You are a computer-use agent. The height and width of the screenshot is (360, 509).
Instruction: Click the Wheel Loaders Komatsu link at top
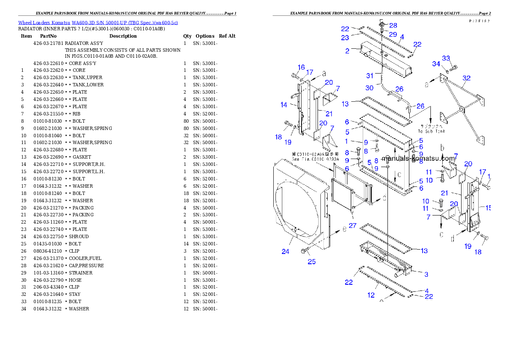98,23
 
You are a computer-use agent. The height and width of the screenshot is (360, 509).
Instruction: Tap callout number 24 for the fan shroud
285,251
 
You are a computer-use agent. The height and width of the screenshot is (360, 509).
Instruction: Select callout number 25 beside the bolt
312,261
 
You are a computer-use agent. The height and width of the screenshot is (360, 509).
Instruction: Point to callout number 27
352,225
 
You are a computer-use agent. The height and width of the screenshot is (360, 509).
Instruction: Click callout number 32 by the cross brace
467,78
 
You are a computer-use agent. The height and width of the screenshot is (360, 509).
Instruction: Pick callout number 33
446,58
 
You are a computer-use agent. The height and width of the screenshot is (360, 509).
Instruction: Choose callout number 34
436,64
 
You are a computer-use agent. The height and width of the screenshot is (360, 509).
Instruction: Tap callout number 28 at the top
393,26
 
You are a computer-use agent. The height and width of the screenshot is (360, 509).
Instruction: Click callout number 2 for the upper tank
348,51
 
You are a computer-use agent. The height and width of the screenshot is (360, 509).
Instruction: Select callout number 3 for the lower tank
426,274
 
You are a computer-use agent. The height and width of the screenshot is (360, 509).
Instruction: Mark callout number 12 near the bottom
371,295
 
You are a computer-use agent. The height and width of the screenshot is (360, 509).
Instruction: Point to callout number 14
284,105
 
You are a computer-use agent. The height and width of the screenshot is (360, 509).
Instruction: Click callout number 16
301,67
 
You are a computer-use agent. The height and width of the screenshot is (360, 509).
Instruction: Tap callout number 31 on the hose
370,76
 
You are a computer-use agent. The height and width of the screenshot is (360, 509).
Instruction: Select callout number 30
370,88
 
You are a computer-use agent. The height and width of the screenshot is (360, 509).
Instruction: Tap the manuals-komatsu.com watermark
418,158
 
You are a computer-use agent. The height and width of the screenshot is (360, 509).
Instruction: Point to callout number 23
345,38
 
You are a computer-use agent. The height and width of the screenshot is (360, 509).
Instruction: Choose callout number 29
393,34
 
